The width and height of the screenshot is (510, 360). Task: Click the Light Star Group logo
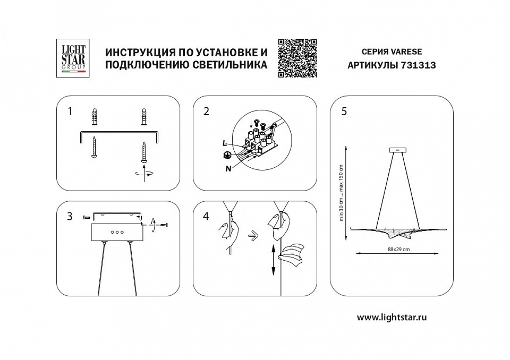(x=74, y=58)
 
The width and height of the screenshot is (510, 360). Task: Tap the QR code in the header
(x=297, y=58)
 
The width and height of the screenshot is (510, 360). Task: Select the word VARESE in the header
(x=407, y=52)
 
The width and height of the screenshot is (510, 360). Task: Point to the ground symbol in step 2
(x=226, y=155)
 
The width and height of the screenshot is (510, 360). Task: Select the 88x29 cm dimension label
(x=394, y=250)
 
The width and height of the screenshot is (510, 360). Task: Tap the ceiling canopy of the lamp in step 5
(x=397, y=150)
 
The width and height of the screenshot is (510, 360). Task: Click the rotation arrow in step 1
(x=144, y=173)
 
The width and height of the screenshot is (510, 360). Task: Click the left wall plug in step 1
(x=95, y=117)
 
